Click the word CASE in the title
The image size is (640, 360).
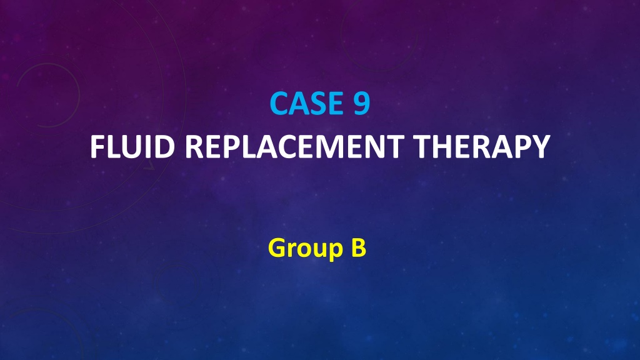pyautogui.click(x=306, y=103)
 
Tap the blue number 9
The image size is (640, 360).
pyautogui.click(x=362, y=103)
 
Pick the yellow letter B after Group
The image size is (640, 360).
pyautogui.click(x=359, y=247)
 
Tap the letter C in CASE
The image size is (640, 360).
pyautogui.click(x=279, y=103)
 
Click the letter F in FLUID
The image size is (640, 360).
pyautogui.click(x=97, y=146)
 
